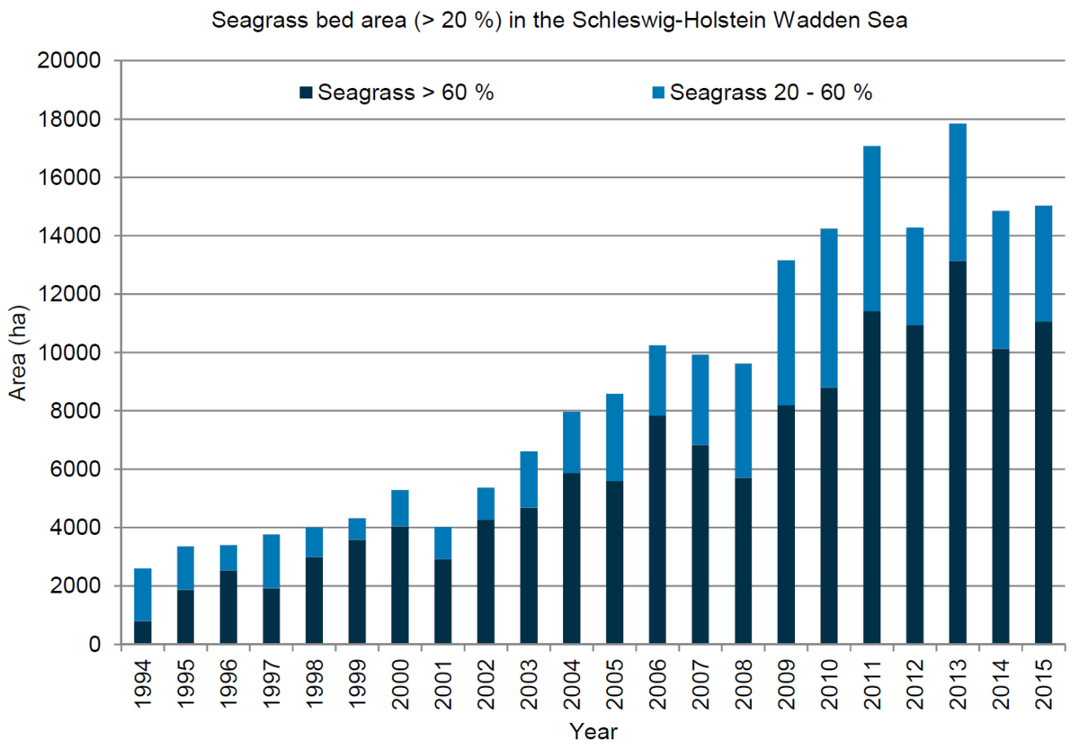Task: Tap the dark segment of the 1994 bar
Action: pyautogui.click(x=142, y=633)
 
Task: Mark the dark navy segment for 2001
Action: pyautogui.click(x=443, y=602)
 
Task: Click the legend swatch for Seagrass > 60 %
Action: pyautogui.click(x=307, y=93)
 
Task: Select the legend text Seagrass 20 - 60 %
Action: pyautogui.click(x=771, y=93)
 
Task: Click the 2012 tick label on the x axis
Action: pyautogui.click(x=915, y=684)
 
